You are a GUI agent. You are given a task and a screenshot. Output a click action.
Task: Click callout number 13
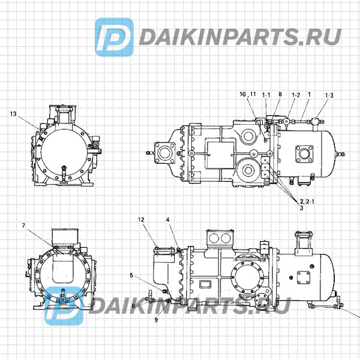click(13, 113)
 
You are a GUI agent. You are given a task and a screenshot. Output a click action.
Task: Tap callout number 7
click(23, 226)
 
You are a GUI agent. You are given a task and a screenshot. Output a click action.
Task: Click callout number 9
click(131, 276)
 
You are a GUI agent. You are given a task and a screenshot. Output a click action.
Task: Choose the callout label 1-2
click(295, 95)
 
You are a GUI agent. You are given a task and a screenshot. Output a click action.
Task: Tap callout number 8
click(280, 95)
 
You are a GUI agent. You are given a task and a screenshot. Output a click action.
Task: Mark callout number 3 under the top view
click(301, 208)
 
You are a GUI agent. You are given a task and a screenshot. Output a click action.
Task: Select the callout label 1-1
click(266, 95)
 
